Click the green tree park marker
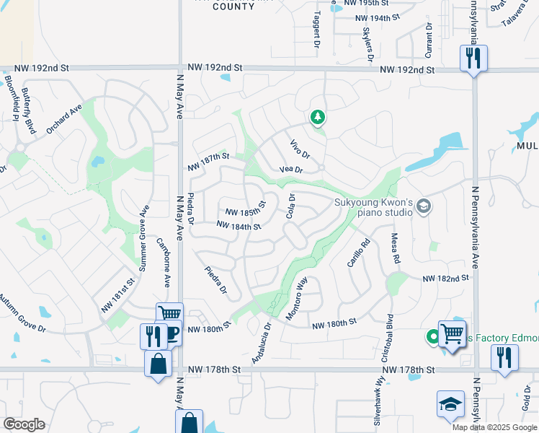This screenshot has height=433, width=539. pyautogui.click(x=316, y=117)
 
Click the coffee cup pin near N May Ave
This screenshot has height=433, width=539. pyautogui.click(x=173, y=334)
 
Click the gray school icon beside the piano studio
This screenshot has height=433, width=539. pyautogui.click(x=424, y=207)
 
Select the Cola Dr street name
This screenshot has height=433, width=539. pyautogui.click(x=291, y=206)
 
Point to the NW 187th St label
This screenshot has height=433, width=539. pyautogui.click(x=208, y=161)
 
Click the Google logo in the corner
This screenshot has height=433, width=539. pyautogui.click(x=24, y=424)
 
